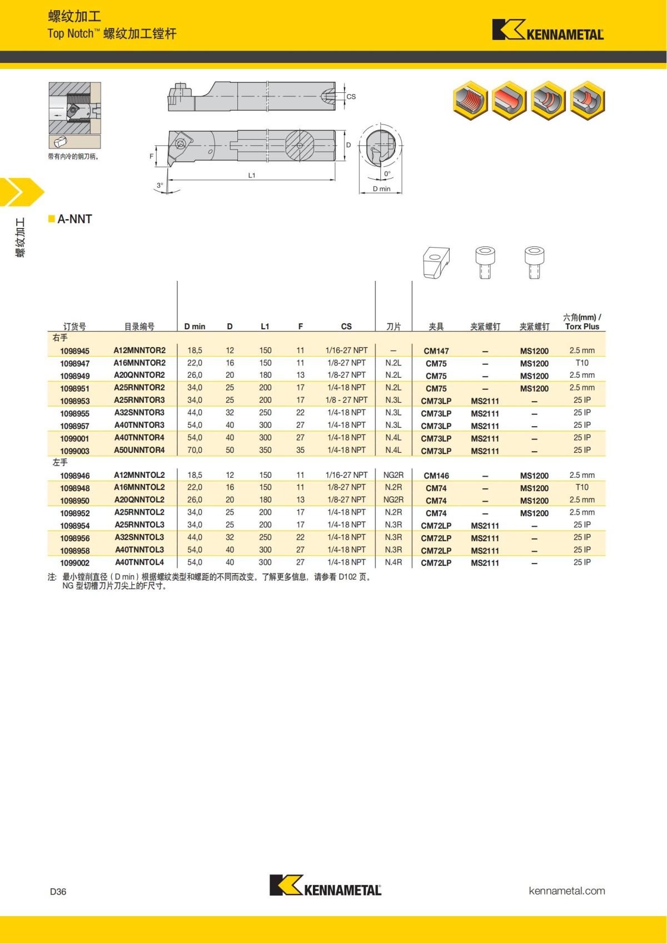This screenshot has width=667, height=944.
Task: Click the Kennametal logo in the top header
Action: pos(547,31)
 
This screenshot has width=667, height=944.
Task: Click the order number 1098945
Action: pos(74,351)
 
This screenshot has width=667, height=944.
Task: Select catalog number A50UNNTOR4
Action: pos(140,450)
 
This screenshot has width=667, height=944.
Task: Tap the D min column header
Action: pos(195,327)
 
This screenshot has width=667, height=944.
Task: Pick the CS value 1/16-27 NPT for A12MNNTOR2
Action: pos(346,350)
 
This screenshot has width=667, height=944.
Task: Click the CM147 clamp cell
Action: pos(436,351)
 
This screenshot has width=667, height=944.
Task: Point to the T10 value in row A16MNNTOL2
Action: pos(581,487)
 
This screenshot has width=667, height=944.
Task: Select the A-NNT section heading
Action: pos(74,219)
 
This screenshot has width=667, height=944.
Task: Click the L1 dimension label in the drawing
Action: pos(252,175)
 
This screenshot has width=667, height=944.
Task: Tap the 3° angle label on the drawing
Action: pos(160,185)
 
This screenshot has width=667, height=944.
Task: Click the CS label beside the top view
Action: pos(351,97)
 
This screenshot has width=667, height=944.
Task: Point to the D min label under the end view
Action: pos(381,189)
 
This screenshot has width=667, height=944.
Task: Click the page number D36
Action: pos(58,892)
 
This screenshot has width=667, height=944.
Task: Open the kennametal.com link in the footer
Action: pos(566,891)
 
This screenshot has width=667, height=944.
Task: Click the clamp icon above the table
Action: pos(436,263)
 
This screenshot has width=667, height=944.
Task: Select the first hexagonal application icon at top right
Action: pos(470,101)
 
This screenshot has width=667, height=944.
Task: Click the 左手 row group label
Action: pos(60,462)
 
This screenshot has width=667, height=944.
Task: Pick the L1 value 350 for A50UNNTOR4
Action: pos(265,450)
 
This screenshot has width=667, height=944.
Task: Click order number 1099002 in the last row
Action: pos(74,563)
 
